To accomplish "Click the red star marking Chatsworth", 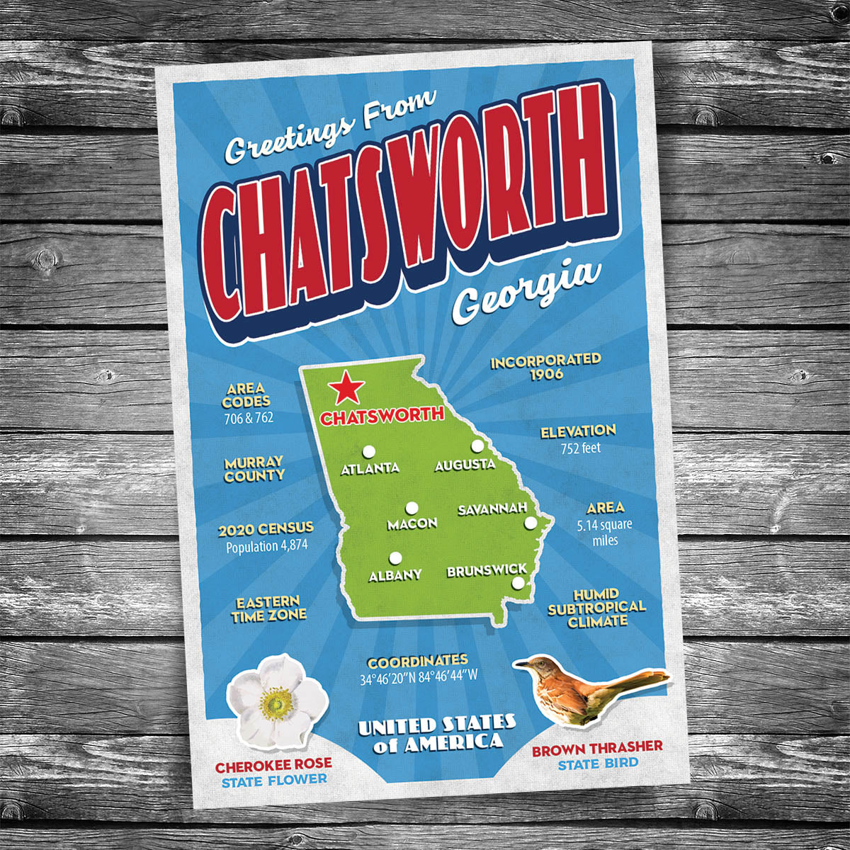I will (346, 387).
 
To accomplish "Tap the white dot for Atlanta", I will (368, 451).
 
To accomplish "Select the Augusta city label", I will (465, 465).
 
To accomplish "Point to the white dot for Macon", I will (412, 508).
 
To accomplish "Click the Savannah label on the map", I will (492, 509).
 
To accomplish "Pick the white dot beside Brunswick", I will (518, 583).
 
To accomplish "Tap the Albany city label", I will (395, 575).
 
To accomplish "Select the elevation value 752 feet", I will (580, 448).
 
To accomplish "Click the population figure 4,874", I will (292, 546).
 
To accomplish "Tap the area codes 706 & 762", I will (248, 418).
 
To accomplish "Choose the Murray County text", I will (254, 469).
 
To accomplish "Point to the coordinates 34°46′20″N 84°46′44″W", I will (419, 676).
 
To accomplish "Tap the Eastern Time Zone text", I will (268, 609).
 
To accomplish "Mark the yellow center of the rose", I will (276, 702).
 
